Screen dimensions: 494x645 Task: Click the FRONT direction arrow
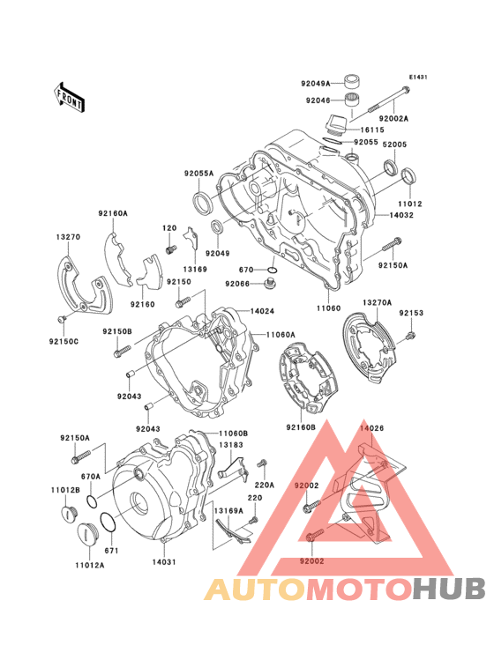(68, 98)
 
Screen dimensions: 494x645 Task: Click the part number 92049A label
(316, 84)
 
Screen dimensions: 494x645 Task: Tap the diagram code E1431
(418, 77)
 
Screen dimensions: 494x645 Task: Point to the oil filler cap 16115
(336, 124)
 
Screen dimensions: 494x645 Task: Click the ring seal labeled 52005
(391, 167)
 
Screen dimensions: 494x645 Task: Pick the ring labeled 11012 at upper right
(408, 176)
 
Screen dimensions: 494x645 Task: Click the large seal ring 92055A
(202, 204)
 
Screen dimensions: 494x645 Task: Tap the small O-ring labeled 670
(272, 270)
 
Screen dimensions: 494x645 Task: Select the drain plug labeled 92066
(269, 284)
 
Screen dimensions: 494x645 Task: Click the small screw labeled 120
(170, 249)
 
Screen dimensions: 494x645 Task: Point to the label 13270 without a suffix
(68, 237)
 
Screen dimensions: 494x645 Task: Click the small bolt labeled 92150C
(62, 318)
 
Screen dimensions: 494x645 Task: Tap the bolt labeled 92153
(410, 336)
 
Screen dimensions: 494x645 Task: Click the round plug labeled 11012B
(68, 514)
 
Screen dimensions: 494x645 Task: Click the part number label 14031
(164, 562)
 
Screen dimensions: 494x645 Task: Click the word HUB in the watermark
(449, 589)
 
